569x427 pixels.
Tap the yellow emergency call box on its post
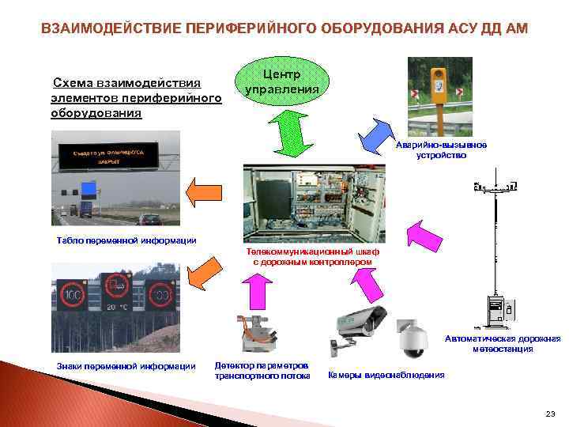439,80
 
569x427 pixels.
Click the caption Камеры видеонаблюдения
386,375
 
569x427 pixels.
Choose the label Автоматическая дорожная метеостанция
502,343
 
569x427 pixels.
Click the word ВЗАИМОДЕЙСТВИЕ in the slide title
111,29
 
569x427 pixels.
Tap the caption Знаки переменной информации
126,365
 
